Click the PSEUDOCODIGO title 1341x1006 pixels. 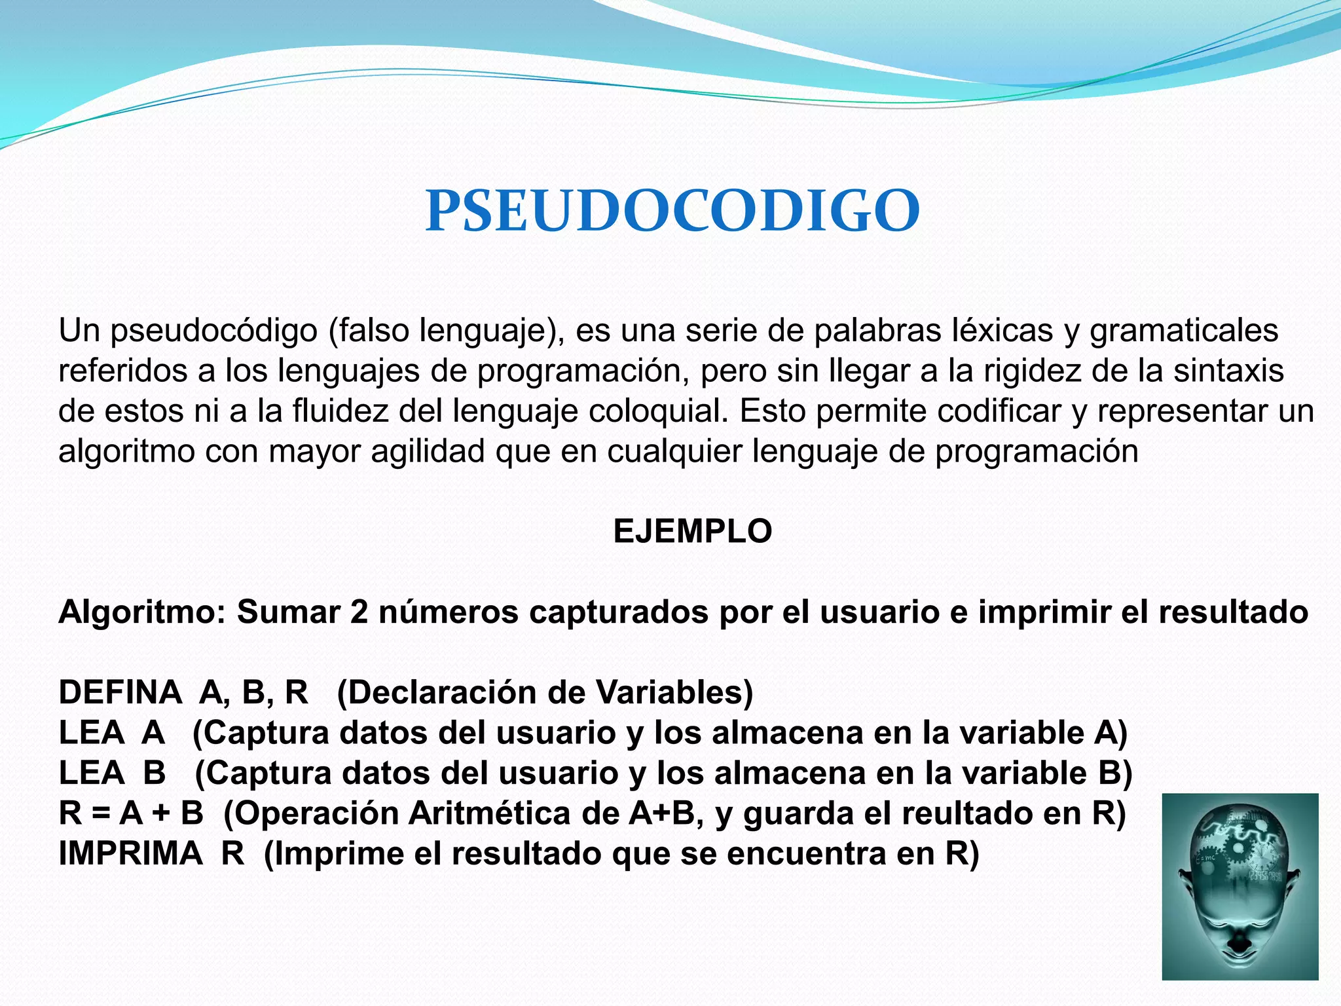(x=672, y=211)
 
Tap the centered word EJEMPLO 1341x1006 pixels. (x=693, y=531)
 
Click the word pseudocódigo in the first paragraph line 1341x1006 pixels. (x=213, y=331)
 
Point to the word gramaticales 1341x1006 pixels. (x=1184, y=331)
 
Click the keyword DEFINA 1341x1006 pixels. (x=120, y=693)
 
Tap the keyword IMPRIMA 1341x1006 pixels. (x=130, y=854)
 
